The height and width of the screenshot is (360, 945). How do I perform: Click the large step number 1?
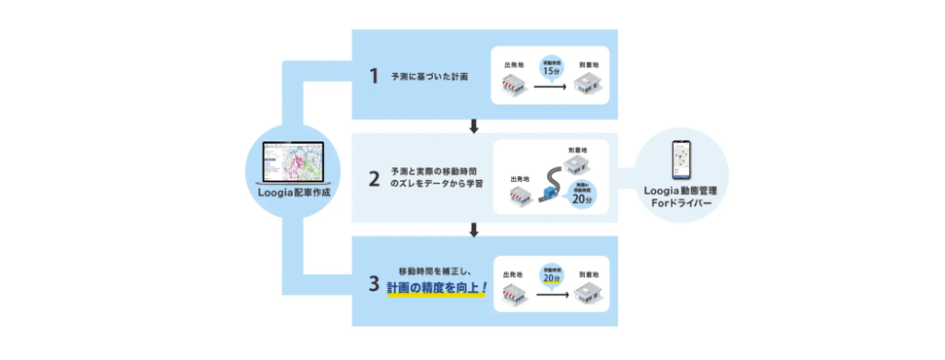point(375,76)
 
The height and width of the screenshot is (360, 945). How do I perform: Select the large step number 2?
point(375,179)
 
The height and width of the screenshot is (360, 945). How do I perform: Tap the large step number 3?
point(375,284)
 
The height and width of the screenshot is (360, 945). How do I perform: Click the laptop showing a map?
point(293,162)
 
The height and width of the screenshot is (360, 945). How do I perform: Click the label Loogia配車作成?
point(293,194)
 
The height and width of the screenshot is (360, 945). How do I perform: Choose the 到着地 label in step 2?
point(577,149)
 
